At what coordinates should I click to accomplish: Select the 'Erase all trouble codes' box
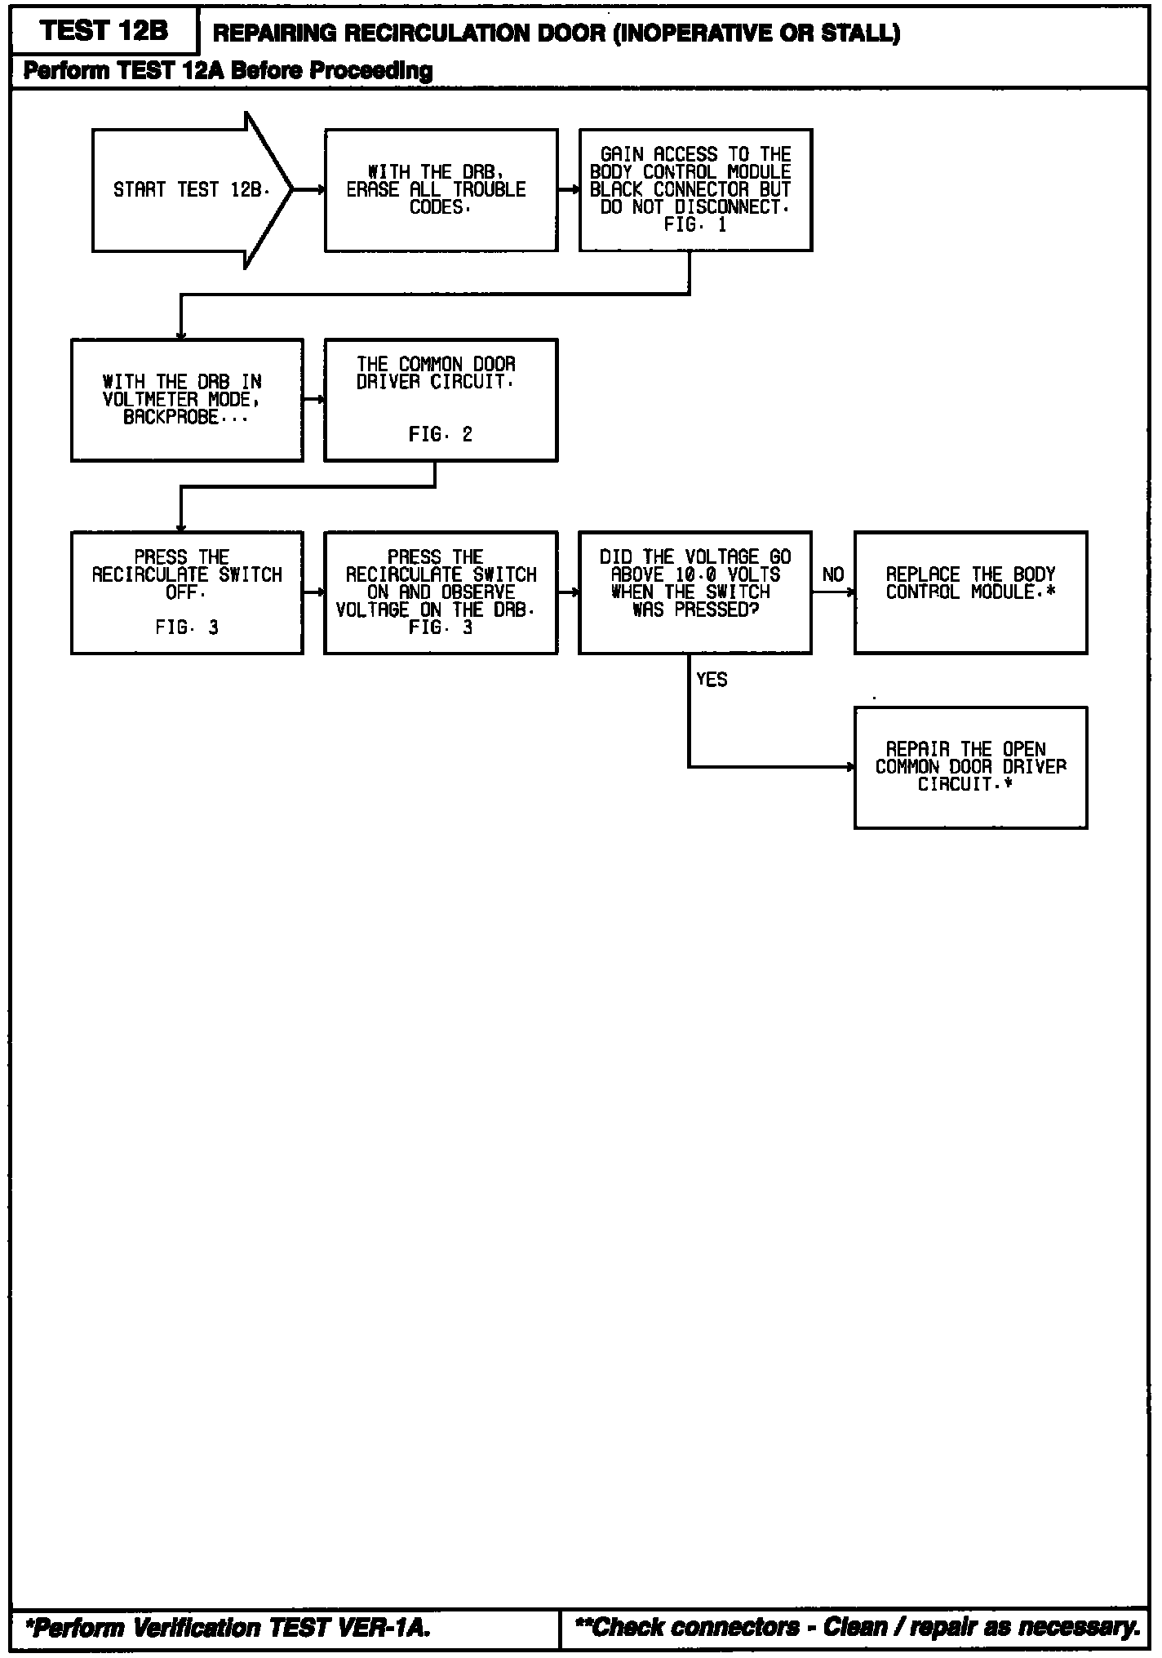tap(441, 190)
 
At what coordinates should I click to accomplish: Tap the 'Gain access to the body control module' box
tap(695, 190)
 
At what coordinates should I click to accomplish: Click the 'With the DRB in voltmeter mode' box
tap(187, 400)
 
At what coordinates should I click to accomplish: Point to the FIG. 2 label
tap(440, 435)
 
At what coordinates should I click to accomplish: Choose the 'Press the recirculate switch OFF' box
tap(187, 592)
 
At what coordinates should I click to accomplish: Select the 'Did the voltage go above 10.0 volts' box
tap(694, 592)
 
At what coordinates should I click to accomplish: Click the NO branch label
tap(832, 575)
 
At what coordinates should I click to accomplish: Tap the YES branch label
tap(712, 680)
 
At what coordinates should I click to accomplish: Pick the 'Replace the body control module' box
tap(970, 592)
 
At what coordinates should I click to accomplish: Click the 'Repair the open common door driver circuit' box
tap(970, 767)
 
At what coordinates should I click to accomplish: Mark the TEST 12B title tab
tap(104, 31)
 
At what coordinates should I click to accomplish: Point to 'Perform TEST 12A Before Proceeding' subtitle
tap(228, 71)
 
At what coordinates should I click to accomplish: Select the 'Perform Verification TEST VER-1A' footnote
tap(228, 1628)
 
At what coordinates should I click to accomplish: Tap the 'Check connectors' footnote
tap(858, 1628)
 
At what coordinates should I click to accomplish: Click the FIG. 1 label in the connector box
tap(695, 225)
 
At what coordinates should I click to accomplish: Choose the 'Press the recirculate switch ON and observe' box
tap(441, 592)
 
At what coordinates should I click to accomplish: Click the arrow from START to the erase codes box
tap(308, 190)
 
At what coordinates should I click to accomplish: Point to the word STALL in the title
tap(864, 33)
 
